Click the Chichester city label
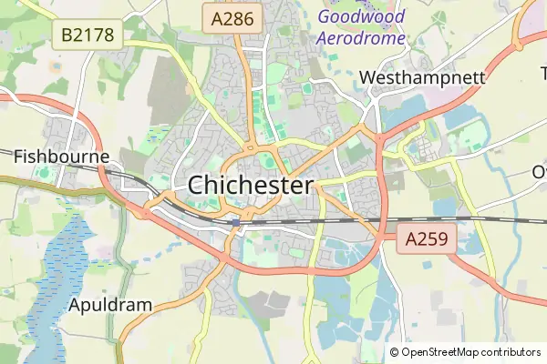click(251, 185)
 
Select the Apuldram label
click(109, 305)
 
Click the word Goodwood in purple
click(362, 15)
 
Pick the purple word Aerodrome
click(362, 38)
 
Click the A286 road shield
click(232, 17)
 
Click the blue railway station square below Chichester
click(235, 221)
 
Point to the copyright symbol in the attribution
click(395, 352)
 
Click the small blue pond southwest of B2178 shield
click(54, 66)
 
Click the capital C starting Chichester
click(197, 185)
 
